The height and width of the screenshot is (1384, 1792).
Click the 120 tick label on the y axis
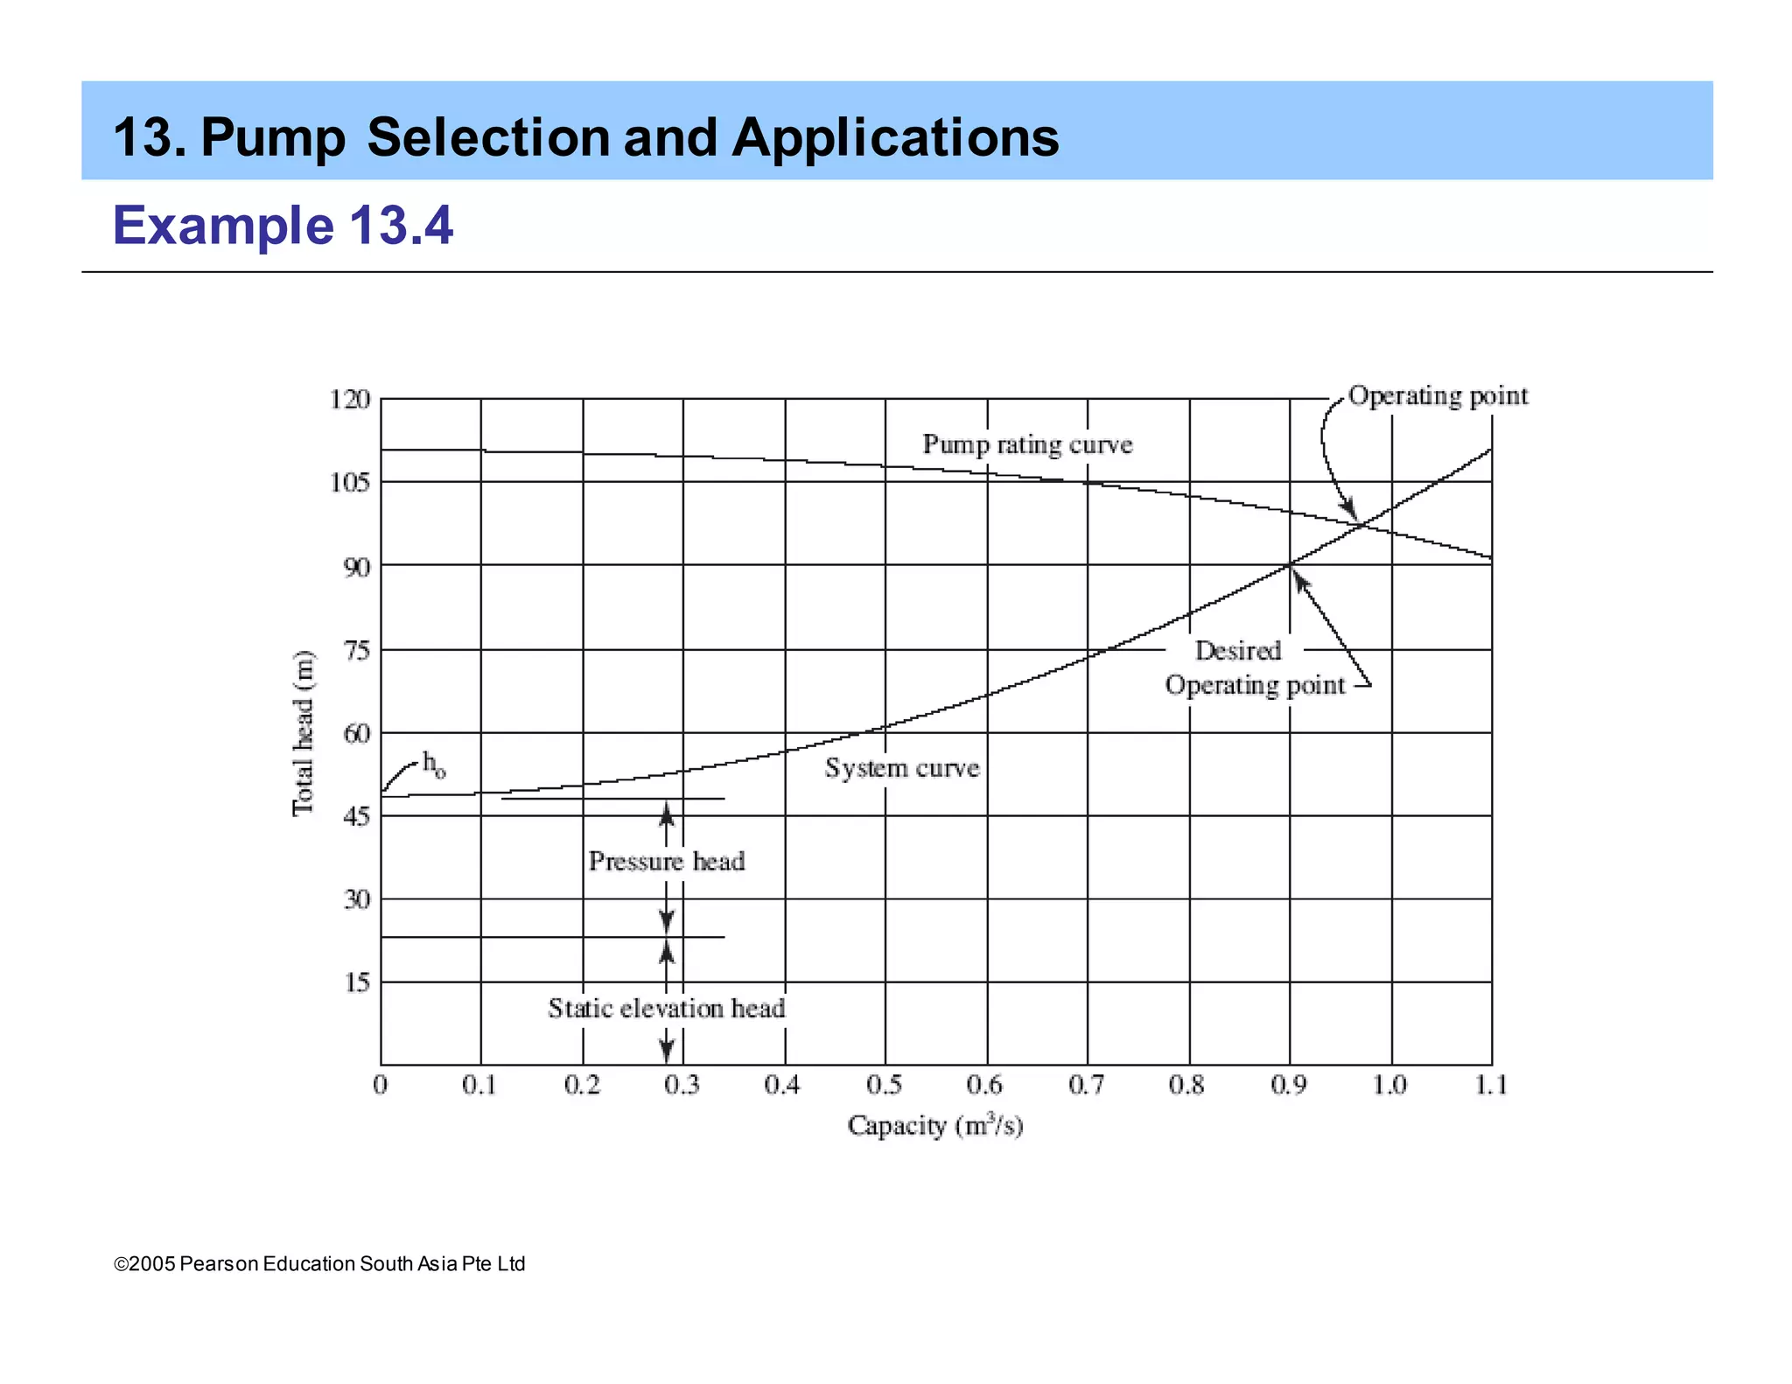tap(350, 400)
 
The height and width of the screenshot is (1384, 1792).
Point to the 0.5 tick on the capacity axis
tap(885, 1086)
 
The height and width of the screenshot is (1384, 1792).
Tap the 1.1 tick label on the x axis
tap(1491, 1086)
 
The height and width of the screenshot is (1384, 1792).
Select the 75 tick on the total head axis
tap(357, 650)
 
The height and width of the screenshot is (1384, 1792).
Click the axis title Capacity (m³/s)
tap(935, 1126)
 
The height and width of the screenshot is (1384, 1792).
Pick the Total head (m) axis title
tap(303, 733)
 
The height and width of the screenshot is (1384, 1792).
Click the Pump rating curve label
tap(1027, 444)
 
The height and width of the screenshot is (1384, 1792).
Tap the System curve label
tap(902, 768)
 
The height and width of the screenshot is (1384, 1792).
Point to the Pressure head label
tap(667, 862)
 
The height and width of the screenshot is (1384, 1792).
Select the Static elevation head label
tap(667, 1009)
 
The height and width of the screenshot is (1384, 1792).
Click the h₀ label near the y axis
tap(434, 764)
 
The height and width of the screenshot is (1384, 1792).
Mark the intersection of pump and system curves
tap(1361, 524)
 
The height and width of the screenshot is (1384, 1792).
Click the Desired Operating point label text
tap(1254, 668)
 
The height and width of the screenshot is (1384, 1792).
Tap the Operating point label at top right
tap(1438, 395)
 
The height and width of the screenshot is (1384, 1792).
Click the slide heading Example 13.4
tap(283, 225)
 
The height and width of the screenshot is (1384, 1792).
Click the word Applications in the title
tap(895, 138)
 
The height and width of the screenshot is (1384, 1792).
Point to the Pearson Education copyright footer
tap(320, 1264)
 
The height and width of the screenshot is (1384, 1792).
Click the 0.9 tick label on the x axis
tap(1289, 1086)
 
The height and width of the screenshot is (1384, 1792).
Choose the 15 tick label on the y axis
tap(357, 982)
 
